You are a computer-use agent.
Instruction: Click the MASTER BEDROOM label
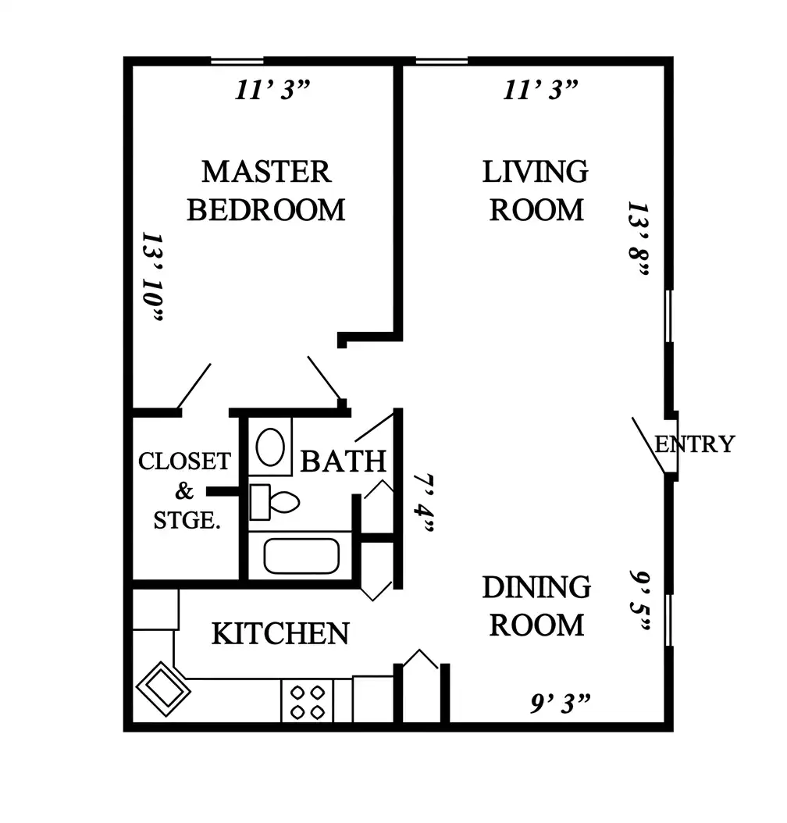266,191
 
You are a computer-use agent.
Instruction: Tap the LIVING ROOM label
536,191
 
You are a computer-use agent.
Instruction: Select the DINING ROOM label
536,606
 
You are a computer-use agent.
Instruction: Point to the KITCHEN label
280,633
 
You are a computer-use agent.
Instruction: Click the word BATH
343,461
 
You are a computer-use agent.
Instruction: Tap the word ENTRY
695,444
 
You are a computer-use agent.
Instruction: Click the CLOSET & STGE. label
185,491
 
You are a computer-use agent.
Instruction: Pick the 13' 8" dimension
639,239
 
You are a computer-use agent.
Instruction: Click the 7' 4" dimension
424,503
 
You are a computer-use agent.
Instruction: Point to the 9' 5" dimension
640,601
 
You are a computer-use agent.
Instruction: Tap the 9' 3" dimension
561,704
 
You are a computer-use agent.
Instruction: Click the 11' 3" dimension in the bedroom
272,90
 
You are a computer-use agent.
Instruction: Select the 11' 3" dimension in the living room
540,90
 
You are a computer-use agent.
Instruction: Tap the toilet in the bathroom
274,502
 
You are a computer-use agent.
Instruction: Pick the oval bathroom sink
270,447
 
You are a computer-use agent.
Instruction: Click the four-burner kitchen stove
308,702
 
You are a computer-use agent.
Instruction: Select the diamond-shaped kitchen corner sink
163,689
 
